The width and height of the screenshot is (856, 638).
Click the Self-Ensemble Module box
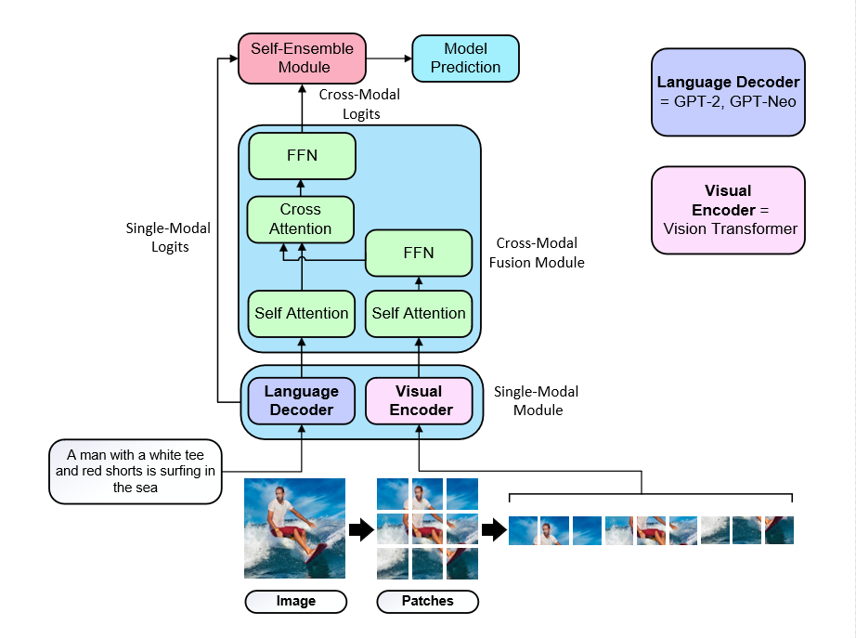click(x=303, y=58)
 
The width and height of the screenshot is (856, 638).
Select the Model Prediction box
click(x=465, y=58)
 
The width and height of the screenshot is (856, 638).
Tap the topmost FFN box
click(x=302, y=155)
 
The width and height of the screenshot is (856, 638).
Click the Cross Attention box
click(x=300, y=219)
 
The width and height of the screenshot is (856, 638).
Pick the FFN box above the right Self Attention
click(x=419, y=253)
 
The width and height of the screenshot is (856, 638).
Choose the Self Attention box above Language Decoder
click(x=302, y=313)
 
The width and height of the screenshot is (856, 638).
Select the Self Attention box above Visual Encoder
click(x=419, y=313)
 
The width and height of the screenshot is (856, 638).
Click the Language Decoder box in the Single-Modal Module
click(x=302, y=400)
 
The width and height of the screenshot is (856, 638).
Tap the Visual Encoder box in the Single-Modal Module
click(x=419, y=400)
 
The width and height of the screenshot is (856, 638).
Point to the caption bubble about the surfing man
click(x=136, y=471)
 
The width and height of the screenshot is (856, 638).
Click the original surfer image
click(x=294, y=527)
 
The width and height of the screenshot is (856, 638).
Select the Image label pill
click(x=295, y=602)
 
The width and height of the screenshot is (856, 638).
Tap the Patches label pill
click(x=427, y=602)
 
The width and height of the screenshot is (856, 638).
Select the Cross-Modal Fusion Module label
click(x=540, y=253)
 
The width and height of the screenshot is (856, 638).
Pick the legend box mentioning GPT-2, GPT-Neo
click(x=728, y=92)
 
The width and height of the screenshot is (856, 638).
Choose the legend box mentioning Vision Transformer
click(x=728, y=210)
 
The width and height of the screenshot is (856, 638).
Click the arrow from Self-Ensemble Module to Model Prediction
click(x=389, y=59)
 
